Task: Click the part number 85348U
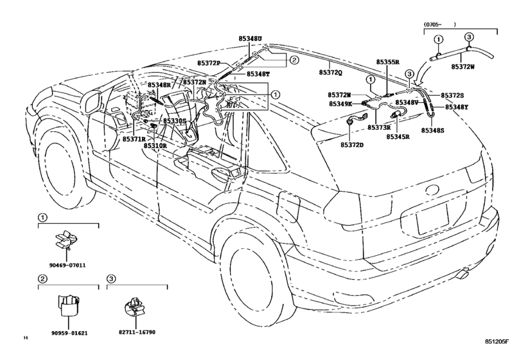[x=250, y=39]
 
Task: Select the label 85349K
[x=341, y=104]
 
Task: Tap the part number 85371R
[x=134, y=139]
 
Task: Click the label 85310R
[x=155, y=146]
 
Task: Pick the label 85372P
[x=209, y=63]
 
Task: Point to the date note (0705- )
[x=440, y=24]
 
